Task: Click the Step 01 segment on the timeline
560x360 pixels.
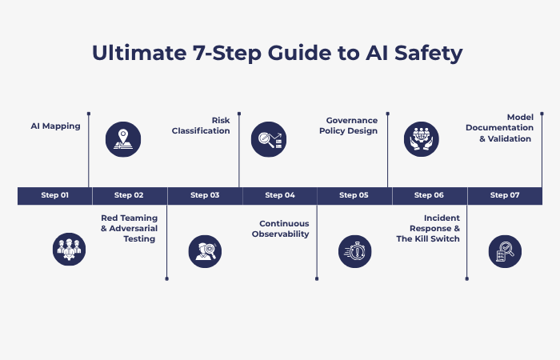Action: coord(54,195)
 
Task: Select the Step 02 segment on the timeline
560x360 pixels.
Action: coord(129,195)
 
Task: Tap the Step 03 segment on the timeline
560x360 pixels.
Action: coord(204,195)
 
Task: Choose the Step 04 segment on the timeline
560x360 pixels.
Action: coord(279,195)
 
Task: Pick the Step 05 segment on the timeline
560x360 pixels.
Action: coord(354,195)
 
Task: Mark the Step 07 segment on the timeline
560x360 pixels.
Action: coord(504,195)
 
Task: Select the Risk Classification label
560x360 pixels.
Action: coord(201,126)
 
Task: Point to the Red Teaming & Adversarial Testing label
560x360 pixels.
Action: coord(129,228)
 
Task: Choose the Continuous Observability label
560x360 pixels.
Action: coord(284,229)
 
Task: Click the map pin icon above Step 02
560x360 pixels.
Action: coord(123,139)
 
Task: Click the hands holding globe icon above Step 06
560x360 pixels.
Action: coord(422,139)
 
